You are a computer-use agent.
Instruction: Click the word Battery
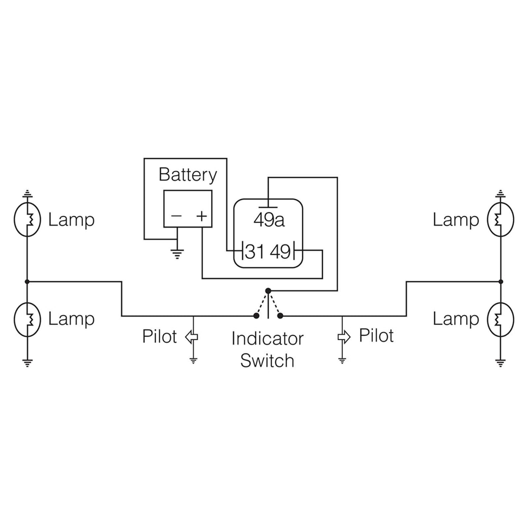(187, 175)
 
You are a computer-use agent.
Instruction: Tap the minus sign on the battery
(176, 216)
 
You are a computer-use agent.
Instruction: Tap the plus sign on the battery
(201, 216)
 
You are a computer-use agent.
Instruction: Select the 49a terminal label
(269, 220)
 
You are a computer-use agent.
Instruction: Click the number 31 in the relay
(254, 251)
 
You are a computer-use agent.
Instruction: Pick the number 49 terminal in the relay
(281, 251)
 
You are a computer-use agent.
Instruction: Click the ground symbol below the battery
(177, 253)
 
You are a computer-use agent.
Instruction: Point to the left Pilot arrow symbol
(192, 337)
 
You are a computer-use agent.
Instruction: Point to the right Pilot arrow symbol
(344, 337)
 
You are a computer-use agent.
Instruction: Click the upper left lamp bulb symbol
(27, 220)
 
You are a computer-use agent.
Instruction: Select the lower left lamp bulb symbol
(27, 320)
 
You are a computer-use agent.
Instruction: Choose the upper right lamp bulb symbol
(500, 220)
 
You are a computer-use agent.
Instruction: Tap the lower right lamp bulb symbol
(500, 320)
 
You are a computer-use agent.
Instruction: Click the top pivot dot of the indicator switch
(268, 291)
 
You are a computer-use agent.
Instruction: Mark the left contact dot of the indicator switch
(255, 316)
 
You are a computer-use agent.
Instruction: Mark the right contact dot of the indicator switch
(281, 316)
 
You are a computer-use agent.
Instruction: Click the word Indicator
(267, 339)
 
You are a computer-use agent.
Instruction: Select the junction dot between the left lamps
(27, 282)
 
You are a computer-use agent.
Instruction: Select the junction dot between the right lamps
(501, 282)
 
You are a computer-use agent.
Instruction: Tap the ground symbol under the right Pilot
(342, 360)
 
